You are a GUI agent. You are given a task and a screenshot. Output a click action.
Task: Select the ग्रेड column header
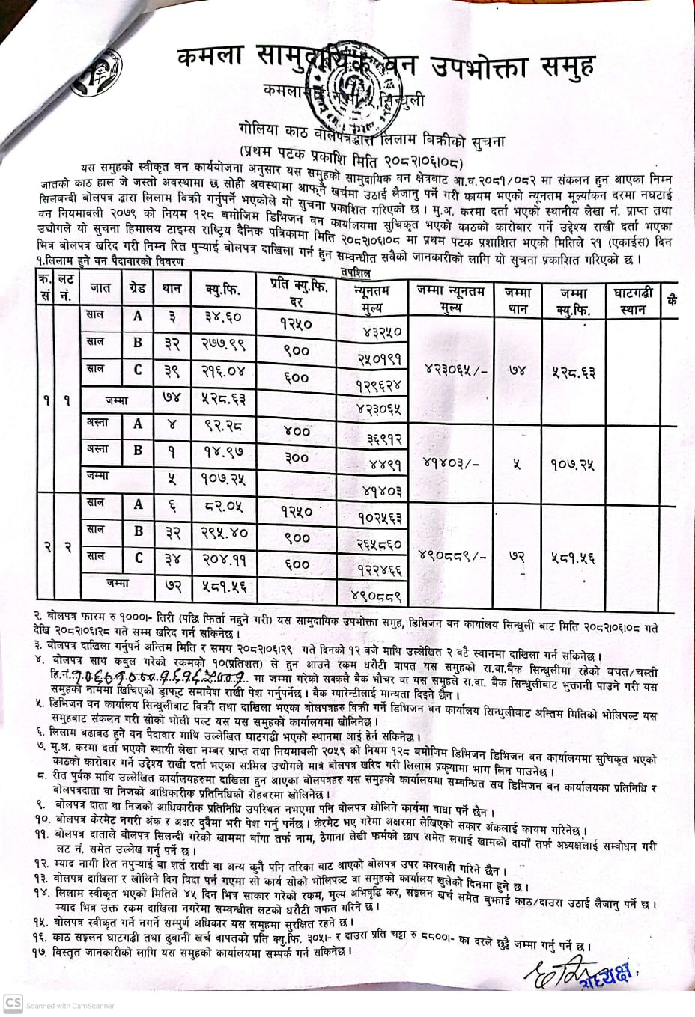pos(138,287)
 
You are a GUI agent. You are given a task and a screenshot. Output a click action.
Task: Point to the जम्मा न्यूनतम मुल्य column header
pos(450,298)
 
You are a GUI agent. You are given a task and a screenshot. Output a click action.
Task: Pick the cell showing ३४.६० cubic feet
pos(222,317)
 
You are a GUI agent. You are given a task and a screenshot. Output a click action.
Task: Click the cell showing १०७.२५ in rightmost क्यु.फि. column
pos(575,465)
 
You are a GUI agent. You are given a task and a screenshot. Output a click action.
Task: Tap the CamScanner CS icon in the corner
pos(11,1004)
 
